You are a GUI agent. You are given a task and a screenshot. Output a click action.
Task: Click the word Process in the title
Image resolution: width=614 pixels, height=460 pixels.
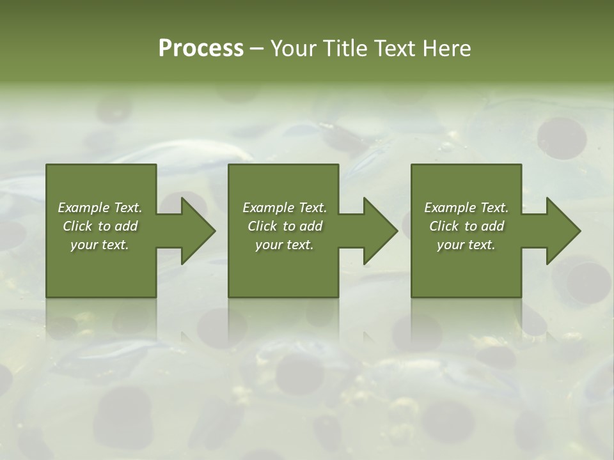(x=201, y=49)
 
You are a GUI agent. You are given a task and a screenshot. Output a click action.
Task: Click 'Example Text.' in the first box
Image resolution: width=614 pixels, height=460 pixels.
(x=100, y=208)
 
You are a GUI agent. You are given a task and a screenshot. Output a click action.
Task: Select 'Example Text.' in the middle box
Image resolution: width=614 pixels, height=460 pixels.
(x=285, y=208)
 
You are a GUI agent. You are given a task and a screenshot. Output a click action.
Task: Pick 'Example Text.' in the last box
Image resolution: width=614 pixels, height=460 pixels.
(x=466, y=208)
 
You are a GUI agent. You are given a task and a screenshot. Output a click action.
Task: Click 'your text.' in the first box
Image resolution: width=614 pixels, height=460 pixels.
(x=100, y=245)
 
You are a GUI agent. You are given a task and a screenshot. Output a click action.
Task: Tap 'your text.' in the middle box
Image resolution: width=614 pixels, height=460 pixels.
(x=285, y=245)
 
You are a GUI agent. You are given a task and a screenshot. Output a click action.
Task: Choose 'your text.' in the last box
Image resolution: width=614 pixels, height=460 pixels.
(x=466, y=245)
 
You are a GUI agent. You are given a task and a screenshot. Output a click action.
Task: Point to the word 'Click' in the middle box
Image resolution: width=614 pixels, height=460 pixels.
(x=262, y=226)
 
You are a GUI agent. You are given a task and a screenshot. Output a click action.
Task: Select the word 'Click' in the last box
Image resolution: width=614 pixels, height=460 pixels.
(x=444, y=226)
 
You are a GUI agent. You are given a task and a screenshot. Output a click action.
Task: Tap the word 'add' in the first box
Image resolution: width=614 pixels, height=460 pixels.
(x=126, y=226)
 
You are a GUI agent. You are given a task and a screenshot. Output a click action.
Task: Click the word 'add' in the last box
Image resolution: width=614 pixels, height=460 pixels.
(x=492, y=226)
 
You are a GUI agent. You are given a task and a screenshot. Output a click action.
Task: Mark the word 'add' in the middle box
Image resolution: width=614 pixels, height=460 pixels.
(x=311, y=226)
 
